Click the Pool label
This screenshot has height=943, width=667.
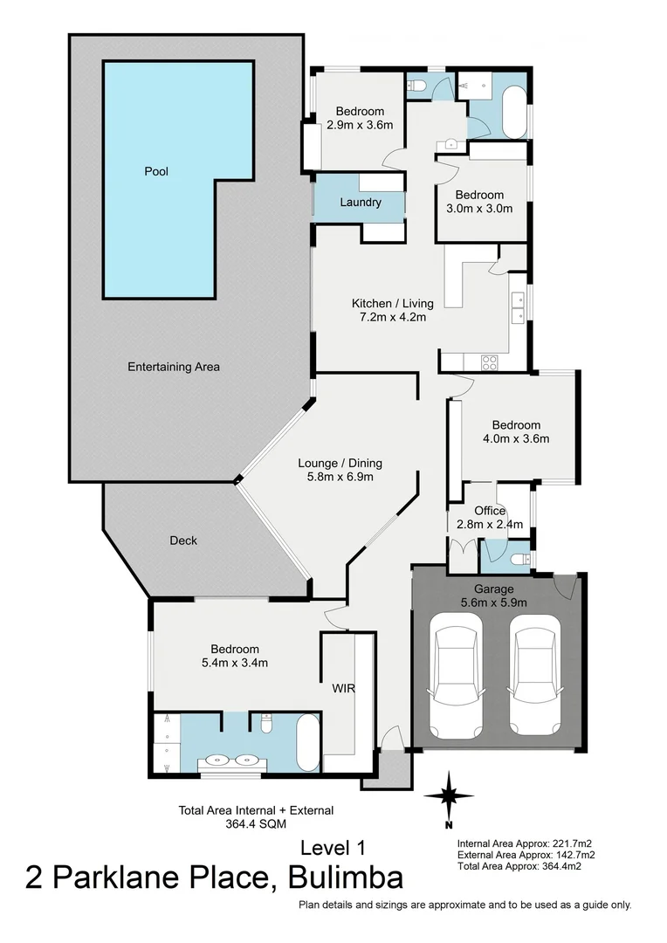pos(156,172)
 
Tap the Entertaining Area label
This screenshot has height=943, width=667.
pos(174,367)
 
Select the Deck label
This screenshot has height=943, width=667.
pos(182,540)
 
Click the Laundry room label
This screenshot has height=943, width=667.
pos(361,203)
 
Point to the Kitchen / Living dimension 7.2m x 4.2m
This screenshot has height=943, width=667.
pos(389,317)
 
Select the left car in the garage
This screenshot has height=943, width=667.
pos(456,672)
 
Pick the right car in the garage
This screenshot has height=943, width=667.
pos(534,672)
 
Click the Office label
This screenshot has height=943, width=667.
pos(490,511)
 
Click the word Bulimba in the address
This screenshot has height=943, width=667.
pos(343,877)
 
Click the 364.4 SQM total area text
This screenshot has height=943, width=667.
pos(256,823)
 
